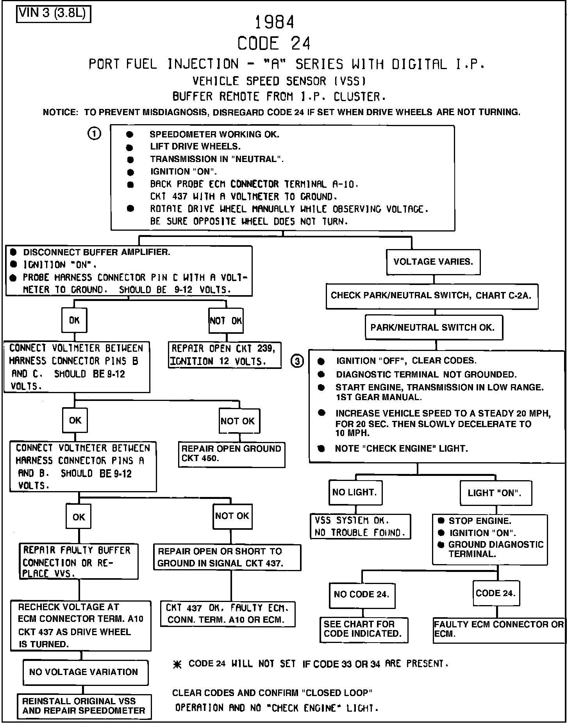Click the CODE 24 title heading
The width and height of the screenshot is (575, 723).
coord(274,43)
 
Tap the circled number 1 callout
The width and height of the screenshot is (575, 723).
coord(94,134)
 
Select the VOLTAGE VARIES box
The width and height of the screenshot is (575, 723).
coord(433,262)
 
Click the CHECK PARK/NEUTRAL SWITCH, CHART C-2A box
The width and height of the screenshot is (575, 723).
coord(432,296)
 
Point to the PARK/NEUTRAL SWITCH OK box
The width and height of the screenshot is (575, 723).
coord(434,328)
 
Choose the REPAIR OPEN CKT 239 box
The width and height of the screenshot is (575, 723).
coord(225,355)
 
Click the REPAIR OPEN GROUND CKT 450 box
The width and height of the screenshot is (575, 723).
coord(231,454)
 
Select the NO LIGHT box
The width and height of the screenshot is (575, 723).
coord(355,492)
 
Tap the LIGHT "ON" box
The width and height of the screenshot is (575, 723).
coord(495,493)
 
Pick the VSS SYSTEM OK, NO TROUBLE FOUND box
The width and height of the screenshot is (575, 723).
coord(360,526)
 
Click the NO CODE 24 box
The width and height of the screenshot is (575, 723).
coord(362,595)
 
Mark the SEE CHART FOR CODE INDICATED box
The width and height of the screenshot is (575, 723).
coord(363,629)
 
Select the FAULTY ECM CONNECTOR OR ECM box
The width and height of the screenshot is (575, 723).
coord(499,629)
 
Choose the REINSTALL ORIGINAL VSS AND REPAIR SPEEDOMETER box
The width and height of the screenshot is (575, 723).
coord(84,706)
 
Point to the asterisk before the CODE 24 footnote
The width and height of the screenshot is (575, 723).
coord(178,664)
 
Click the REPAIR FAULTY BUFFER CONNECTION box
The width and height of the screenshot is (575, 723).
coord(79,561)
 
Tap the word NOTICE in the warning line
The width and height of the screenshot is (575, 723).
coord(61,112)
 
